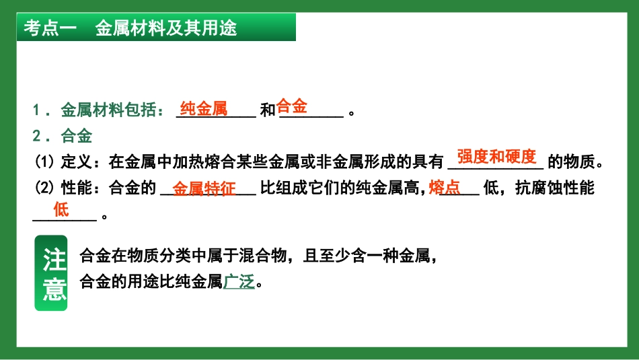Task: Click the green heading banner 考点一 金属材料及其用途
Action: click(156, 28)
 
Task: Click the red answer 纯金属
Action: click(204, 108)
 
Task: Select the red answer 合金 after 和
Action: click(291, 106)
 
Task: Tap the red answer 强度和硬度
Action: click(496, 156)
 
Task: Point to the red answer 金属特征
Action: click(204, 189)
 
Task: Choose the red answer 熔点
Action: click(445, 188)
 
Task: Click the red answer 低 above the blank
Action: click(61, 209)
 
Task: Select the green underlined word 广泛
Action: click(239, 282)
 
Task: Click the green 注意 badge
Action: click(51, 273)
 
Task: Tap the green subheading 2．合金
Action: click(63, 136)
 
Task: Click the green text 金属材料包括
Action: click(108, 110)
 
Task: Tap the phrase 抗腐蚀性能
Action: click(555, 188)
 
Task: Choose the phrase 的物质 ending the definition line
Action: click(571, 162)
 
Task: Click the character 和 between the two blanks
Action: click(268, 110)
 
